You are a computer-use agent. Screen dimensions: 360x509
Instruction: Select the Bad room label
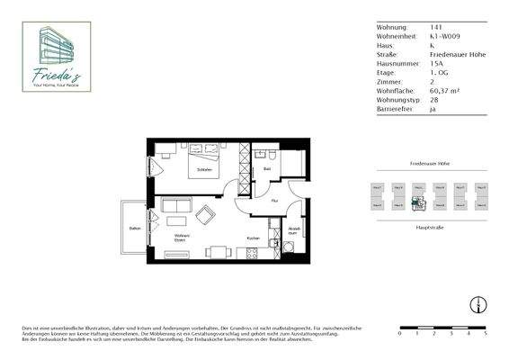[268, 168]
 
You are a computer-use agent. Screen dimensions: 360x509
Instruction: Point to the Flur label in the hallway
[274, 201]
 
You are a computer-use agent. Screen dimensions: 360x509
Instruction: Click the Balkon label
[134, 229]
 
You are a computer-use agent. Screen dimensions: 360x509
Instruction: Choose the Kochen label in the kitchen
[254, 238]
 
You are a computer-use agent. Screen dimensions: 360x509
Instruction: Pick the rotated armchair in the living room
[206, 216]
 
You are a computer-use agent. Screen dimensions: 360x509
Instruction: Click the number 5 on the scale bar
[486, 333]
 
